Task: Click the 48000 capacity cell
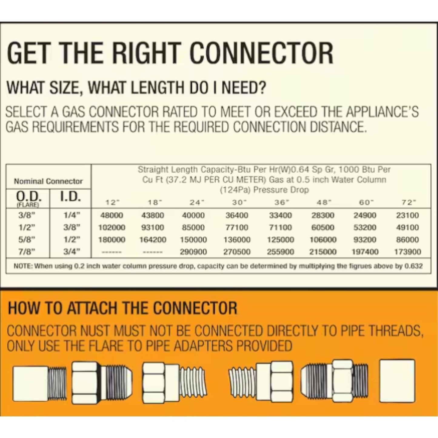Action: click(x=112, y=215)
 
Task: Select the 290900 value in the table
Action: click(x=193, y=252)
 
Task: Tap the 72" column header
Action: click(x=408, y=202)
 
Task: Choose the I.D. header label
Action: click(x=70, y=197)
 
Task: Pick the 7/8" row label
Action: click(x=28, y=252)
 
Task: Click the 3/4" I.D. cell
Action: click(x=72, y=252)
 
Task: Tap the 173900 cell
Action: click(x=408, y=252)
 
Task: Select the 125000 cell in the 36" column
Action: click(x=280, y=239)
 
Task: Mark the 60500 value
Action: click(x=323, y=227)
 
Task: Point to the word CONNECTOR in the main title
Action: click(x=262, y=53)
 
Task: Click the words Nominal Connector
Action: click(x=48, y=181)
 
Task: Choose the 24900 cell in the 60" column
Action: click(x=365, y=215)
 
